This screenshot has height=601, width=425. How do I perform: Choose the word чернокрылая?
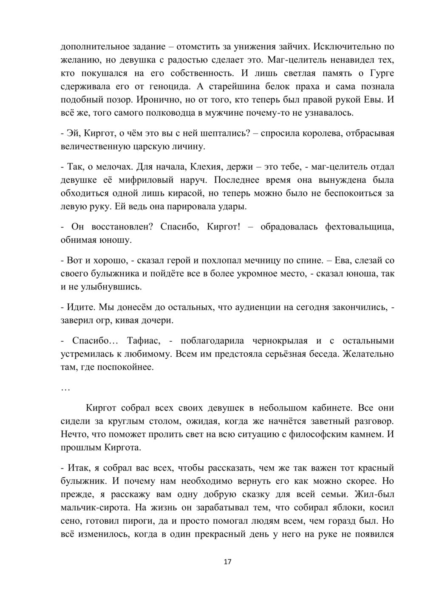pyautogui.click(x=280, y=340)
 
